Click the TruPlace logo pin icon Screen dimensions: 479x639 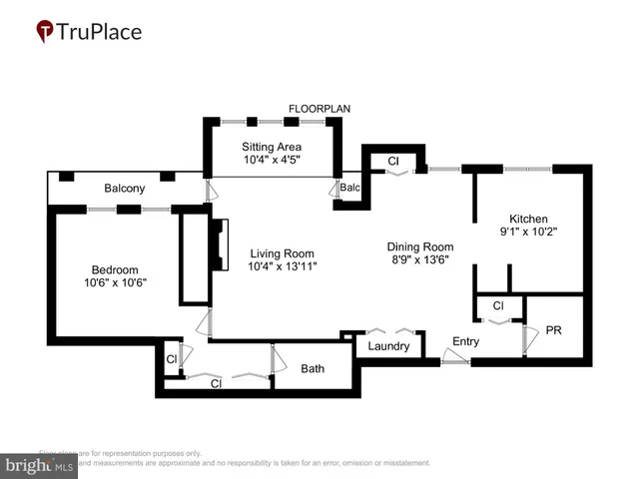click(45, 32)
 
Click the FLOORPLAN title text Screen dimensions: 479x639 click(319, 108)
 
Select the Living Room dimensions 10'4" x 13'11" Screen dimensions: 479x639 click(283, 266)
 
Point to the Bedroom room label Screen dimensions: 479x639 click(114, 269)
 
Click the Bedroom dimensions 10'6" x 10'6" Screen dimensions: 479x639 click(114, 282)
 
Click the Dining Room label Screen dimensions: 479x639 click(420, 246)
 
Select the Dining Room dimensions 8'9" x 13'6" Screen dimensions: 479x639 click(420, 260)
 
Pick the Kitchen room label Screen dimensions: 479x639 click(528, 220)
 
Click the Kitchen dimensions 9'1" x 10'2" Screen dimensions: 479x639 click(528, 233)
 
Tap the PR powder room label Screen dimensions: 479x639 click(553, 329)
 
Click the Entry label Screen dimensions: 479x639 click(465, 341)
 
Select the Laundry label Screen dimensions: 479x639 click(389, 347)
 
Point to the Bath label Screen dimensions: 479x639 click(313, 368)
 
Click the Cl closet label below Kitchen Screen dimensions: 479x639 click(497, 305)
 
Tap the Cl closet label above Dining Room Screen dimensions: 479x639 click(392, 160)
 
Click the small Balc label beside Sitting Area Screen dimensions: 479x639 click(349, 188)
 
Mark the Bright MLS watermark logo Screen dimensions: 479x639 click(40, 464)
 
